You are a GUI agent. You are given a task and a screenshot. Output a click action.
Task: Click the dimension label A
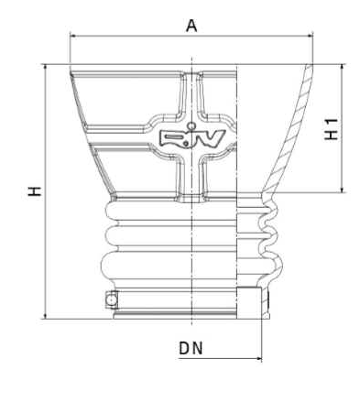[191, 26]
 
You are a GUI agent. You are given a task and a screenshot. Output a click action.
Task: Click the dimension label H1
[331, 129]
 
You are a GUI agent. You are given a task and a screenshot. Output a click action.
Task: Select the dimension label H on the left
[35, 191]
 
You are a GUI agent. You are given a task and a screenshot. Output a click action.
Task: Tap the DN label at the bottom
[191, 348]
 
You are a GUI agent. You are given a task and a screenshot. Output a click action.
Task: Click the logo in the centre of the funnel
[192, 139]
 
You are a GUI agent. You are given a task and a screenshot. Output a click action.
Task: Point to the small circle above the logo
[191, 125]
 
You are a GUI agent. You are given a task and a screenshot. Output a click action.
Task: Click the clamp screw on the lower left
[112, 299]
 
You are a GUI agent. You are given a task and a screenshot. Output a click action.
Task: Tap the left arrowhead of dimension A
[73, 37]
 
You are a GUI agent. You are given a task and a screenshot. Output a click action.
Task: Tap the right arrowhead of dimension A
[310, 37]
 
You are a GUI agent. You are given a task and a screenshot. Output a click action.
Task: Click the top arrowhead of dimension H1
[343, 68]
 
